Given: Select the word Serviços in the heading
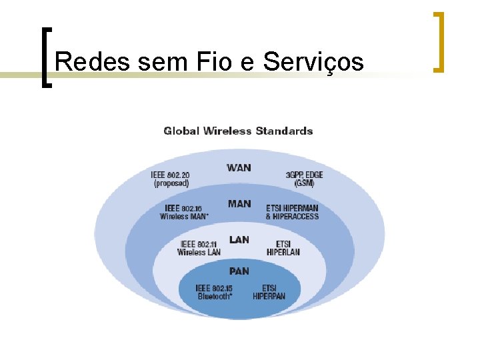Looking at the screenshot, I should tap(313, 61).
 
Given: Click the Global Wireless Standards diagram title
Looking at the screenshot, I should tap(238, 131).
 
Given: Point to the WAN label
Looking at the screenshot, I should tap(239, 167).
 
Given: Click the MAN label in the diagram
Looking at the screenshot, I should tap(239, 203).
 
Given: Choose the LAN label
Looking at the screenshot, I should tap(239, 239).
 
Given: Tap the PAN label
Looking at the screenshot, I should tap(239, 271).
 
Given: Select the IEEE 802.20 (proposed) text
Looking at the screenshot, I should tap(171, 179).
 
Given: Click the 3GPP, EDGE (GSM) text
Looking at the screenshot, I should tap(304, 179).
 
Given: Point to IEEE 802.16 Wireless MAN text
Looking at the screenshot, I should tap(184, 212).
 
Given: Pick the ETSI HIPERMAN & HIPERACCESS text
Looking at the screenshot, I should tap(292, 212).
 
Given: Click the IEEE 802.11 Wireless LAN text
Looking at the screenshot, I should tap(199, 248).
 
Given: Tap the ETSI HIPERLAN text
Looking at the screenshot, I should tap(283, 248).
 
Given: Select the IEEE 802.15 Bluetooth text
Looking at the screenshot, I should tap(215, 292).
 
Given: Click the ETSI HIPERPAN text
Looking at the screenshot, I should tap(269, 292).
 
